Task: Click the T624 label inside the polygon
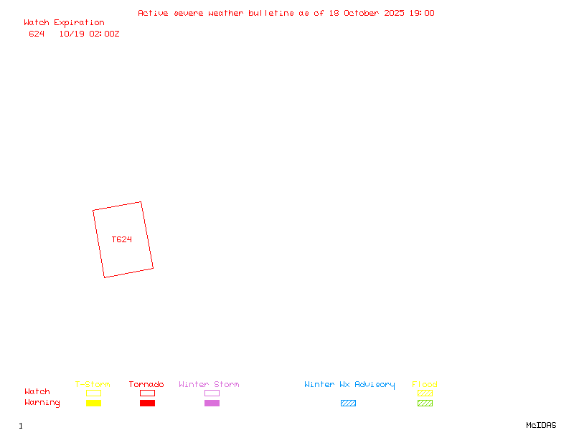(122, 239)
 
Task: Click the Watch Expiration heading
(64, 23)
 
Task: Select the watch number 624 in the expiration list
(37, 34)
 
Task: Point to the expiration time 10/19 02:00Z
(89, 34)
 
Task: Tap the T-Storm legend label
(93, 384)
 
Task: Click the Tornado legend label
(146, 384)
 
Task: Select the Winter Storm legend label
(209, 384)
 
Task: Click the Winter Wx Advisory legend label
(349, 384)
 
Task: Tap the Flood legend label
(425, 384)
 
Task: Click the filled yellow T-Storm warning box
(93, 403)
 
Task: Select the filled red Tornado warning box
(147, 403)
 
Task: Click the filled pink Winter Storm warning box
(212, 403)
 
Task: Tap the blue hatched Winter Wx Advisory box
(348, 403)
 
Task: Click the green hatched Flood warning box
(425, 403)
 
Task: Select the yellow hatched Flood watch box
(425, 393)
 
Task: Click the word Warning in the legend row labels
(42, 403)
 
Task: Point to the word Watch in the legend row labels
(37, 392)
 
